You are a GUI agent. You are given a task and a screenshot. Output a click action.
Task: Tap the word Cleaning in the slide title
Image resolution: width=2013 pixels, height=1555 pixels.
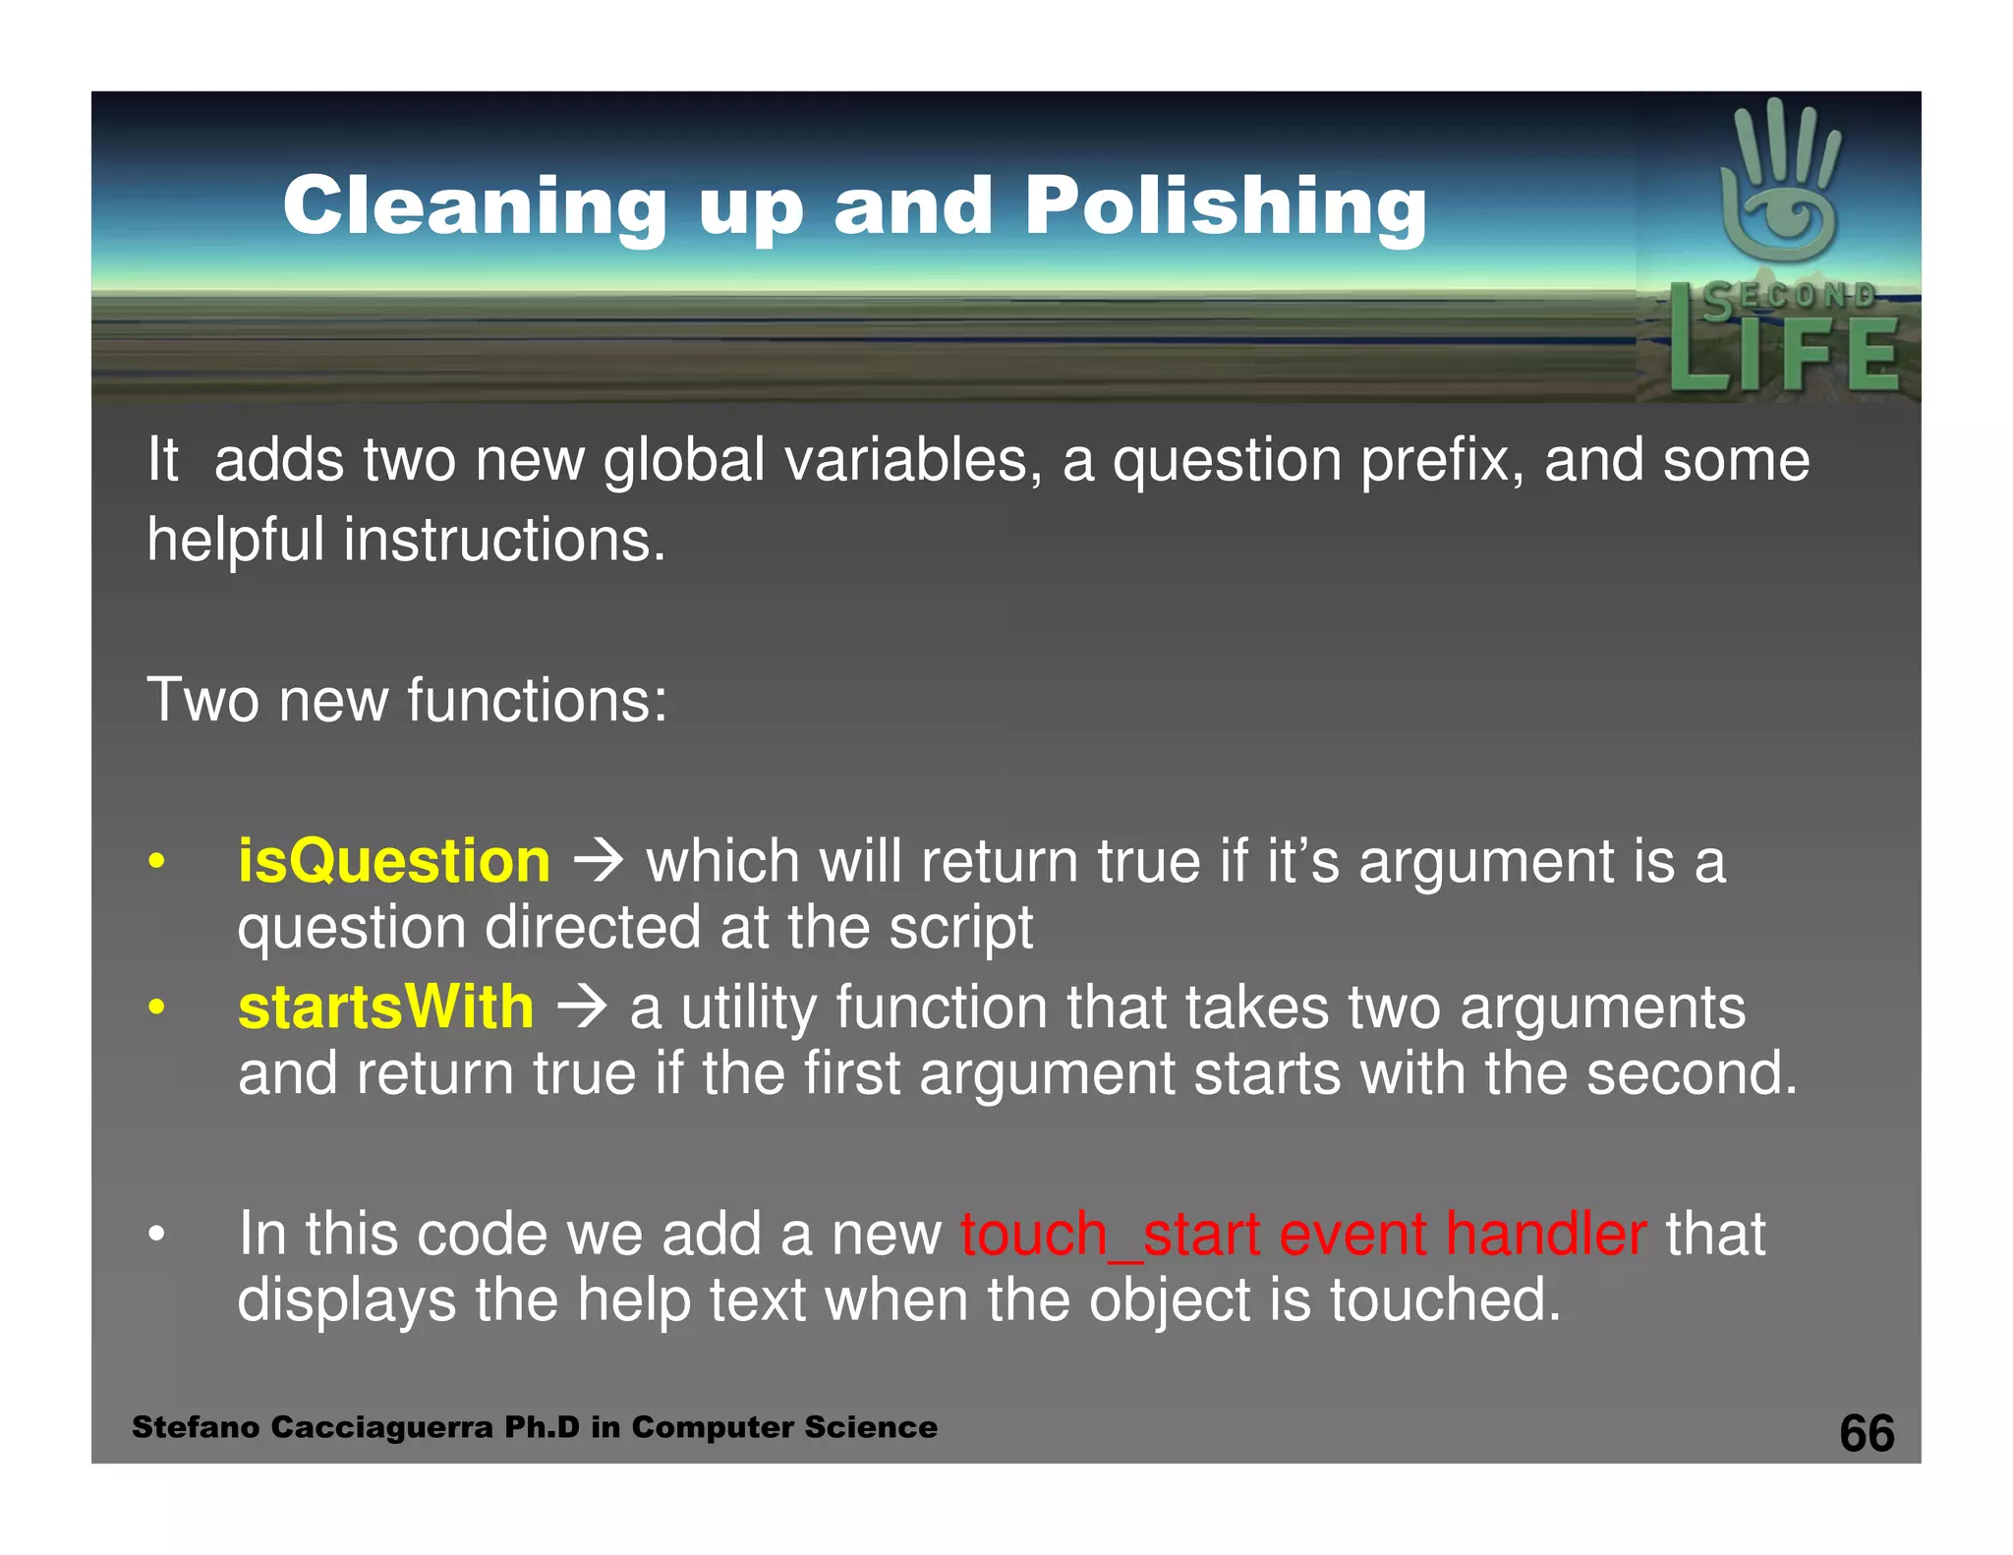476,206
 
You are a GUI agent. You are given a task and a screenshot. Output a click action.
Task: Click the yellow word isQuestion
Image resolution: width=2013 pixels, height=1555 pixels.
394,861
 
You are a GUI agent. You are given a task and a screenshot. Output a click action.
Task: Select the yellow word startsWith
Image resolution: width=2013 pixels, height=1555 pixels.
386,1008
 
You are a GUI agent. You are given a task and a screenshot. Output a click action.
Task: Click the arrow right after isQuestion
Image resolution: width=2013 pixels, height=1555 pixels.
599,861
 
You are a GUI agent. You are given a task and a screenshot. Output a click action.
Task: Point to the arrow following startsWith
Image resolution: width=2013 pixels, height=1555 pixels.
582,1008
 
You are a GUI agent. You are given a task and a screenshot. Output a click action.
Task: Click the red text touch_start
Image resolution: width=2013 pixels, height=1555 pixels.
1109,1235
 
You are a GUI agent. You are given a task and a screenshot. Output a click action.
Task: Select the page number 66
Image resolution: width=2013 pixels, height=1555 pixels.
1867,1433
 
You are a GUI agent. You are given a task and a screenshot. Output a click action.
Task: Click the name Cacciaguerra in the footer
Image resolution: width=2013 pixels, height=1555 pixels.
381,1427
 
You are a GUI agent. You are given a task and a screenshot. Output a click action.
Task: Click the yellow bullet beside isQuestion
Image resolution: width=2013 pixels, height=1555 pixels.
156,863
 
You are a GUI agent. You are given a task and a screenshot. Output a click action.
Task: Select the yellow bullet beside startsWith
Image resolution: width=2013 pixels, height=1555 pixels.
156,1008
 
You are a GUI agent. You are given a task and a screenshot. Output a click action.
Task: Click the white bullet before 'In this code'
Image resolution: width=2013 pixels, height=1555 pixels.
156,1236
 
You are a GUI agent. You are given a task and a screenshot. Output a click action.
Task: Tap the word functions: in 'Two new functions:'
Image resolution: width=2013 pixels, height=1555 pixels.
537,700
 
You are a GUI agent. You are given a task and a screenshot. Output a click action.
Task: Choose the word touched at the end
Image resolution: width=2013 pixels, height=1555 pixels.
1445,1300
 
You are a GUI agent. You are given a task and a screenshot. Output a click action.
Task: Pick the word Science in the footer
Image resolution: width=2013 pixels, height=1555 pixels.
878,1427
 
